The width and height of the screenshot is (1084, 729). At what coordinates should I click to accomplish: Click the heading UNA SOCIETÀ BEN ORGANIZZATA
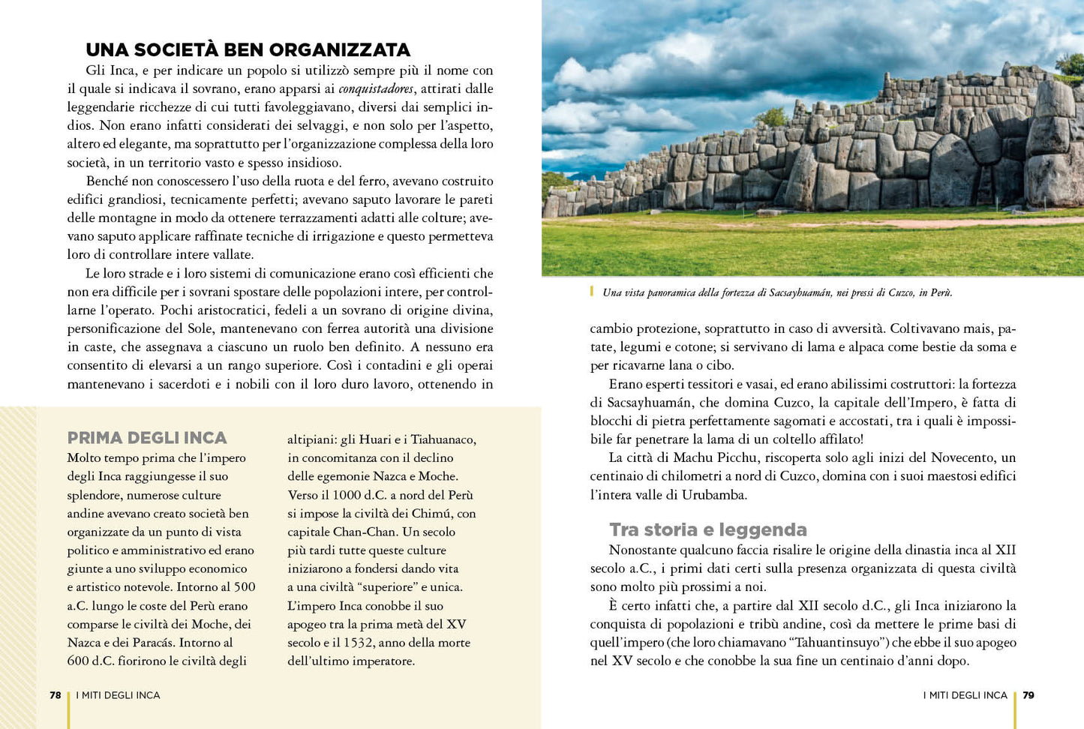pyautogui.click(x=248, y=50)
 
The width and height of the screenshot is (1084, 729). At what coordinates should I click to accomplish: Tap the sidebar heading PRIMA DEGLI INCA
pyautogui.click(x=147, y=438)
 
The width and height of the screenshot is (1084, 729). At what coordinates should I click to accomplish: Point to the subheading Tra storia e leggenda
pyautogui.click(x=707, y=529)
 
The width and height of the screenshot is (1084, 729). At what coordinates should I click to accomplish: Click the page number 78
pyautogui.click(x=55, y=695)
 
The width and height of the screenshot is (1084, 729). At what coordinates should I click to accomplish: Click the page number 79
pyautogui.click(x=1028, y=695)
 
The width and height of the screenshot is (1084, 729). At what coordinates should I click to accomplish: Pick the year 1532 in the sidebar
pyautogui.click(x=359, y=643)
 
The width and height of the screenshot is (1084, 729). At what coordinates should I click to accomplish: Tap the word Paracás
pyautogui.click(x=155, y=643)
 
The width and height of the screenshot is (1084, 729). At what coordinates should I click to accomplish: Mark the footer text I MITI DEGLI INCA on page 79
pyautogui.click(x=965, y=695)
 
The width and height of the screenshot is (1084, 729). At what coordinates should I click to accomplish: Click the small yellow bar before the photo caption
pyautogui.click(x=592, y=292)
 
